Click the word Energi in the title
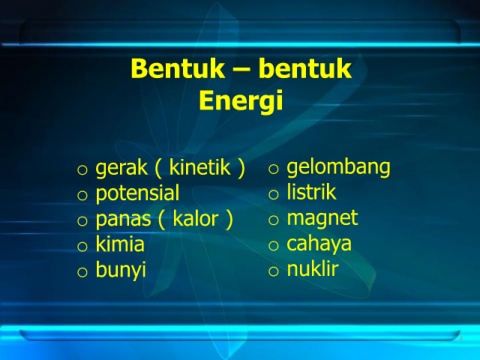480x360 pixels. click(x=241, y=100)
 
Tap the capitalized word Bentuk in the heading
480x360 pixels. click(x=177, y=68)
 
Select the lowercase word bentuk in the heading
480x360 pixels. click(x=305, y=68)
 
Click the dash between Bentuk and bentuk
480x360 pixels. click(x=242, y=71)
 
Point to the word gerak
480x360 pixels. click(x=121, y=168)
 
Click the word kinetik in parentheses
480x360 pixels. click(x=200, y=167)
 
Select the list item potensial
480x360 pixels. click(x=137, y=194)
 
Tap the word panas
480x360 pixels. click(x=123, y=220)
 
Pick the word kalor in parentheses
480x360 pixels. click(x=196, y=219)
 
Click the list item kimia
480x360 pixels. click(x=120, y=244)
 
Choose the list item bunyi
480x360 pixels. click(x=121, y=270)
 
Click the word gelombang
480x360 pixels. click(x=338, y=167)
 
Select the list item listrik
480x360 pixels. click(x=311, y=192)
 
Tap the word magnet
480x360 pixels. click(x=322, y=219)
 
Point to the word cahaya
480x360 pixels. click(x=319, y=244)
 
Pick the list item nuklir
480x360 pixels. click(x=313, y=269)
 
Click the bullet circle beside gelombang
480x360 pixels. click(x=273, y=169)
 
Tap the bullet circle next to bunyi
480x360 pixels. click(x=82, y=272)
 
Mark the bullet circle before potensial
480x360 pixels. click(x=82, y=195)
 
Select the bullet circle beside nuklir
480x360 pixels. click(x=273, y=271)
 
